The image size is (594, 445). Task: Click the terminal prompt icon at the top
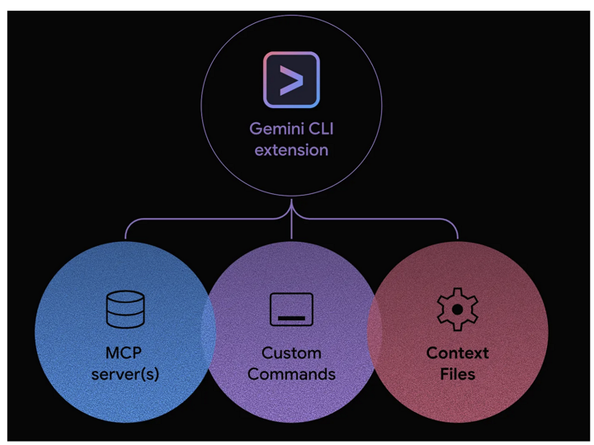point(291,80)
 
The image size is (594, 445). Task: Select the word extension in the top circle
point(291,150)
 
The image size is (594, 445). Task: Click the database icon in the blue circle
point(125,310)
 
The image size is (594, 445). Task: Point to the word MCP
point(124,353)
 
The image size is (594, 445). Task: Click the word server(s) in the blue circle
point(125,374)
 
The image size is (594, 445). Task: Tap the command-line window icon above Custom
point(291,310)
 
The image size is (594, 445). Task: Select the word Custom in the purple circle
point(291,353)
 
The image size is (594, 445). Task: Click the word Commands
point(291,374)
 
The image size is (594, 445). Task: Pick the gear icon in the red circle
point(457,310)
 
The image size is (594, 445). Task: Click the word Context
point(457,353)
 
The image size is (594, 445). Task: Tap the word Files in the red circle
point(457,374)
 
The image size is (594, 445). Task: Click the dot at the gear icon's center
point(457,310)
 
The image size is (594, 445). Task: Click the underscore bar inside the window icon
point(291,316)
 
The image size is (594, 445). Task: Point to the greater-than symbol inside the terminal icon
point(290,80)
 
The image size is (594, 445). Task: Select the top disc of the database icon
point(125,298)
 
